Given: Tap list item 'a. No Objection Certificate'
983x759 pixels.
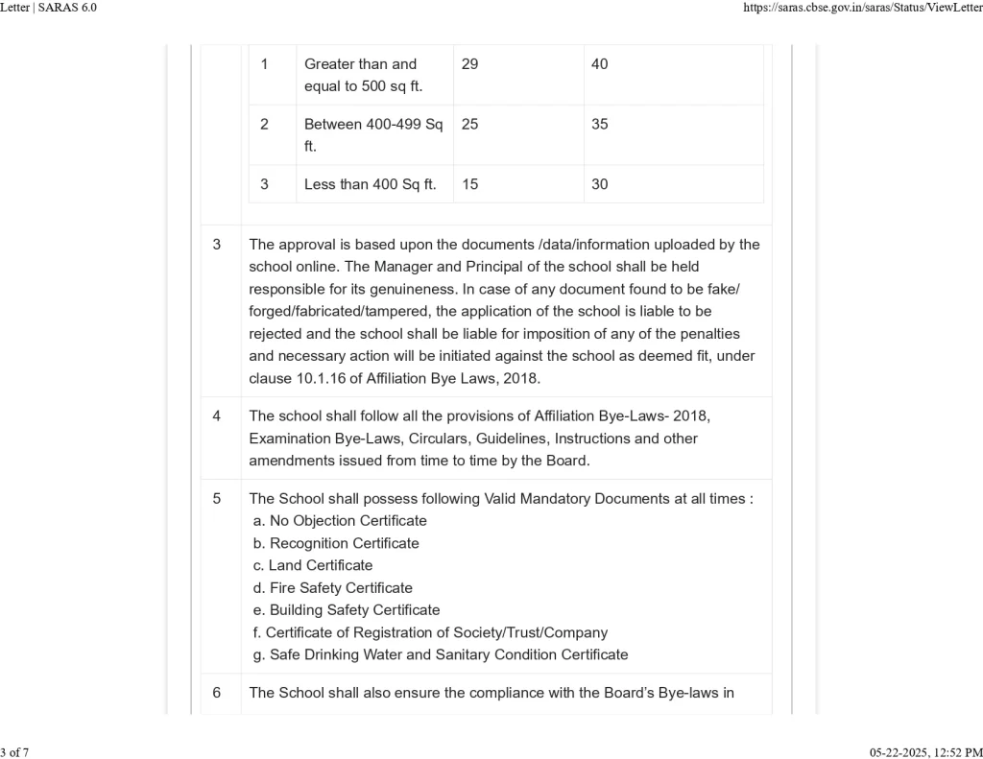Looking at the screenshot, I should (340, 521).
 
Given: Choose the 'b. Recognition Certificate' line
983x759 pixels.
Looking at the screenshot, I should (336, 543).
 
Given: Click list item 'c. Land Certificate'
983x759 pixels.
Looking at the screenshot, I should (313, 565).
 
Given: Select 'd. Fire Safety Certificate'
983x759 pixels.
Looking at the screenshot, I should (333, 588).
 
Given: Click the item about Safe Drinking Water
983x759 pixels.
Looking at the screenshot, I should (441, 654).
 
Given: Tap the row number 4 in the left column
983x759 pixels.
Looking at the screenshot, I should (217, 416).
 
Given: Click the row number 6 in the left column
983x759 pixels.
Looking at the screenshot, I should (217, 693).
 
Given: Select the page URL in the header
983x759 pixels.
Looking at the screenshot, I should (863, 8).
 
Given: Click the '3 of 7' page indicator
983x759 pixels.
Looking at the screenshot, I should (14, 752).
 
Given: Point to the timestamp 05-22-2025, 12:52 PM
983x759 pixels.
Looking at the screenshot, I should (925, 752).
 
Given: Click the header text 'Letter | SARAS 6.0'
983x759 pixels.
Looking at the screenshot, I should (49, 8).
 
